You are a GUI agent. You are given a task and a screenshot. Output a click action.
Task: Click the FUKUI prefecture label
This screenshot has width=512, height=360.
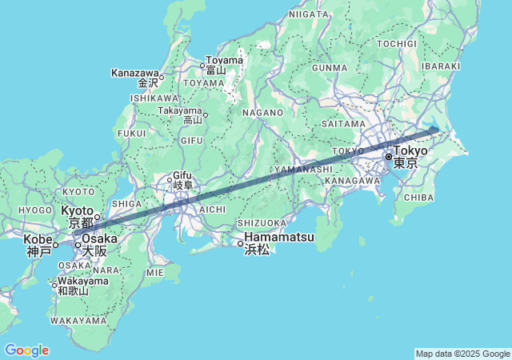coord(131,133)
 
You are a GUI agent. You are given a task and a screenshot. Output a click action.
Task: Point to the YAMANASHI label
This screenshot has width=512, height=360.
coord(303,170)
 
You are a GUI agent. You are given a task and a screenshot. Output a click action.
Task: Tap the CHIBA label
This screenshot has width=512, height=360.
coord(419,196)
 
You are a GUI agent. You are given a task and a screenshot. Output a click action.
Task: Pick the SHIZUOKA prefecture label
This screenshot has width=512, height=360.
coord(262,223)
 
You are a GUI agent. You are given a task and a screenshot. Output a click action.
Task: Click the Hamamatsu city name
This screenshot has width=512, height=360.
coord(279,238)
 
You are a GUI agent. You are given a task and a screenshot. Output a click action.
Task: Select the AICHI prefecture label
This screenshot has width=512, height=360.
coord(211,208)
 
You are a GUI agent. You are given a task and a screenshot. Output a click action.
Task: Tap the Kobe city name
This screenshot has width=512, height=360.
coord(38,238)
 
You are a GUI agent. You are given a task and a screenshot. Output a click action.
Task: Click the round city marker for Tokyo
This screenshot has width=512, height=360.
coord(389,157)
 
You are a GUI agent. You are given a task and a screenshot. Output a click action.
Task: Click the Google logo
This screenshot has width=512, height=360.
coord(26,350)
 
